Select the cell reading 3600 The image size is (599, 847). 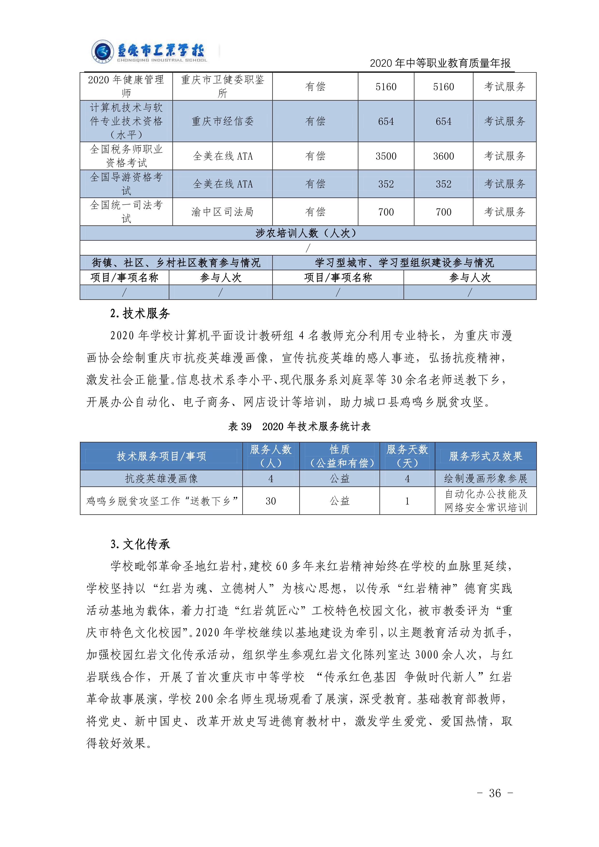[443, 156]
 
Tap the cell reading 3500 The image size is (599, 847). [386, 156]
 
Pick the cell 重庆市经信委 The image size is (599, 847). [222, 121]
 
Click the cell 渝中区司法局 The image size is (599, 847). [222, 212]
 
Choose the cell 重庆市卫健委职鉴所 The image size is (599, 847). [222, 86]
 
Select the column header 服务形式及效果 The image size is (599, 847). [485, 456]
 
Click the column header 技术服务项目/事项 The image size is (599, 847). [161, 456]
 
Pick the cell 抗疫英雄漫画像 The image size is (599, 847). [161, 479]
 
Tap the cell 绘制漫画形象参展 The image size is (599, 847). [485, 479]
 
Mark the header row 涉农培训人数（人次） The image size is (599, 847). [308, 233]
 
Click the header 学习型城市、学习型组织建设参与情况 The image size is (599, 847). [404, 263]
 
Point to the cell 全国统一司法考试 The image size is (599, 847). [126, 212]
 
